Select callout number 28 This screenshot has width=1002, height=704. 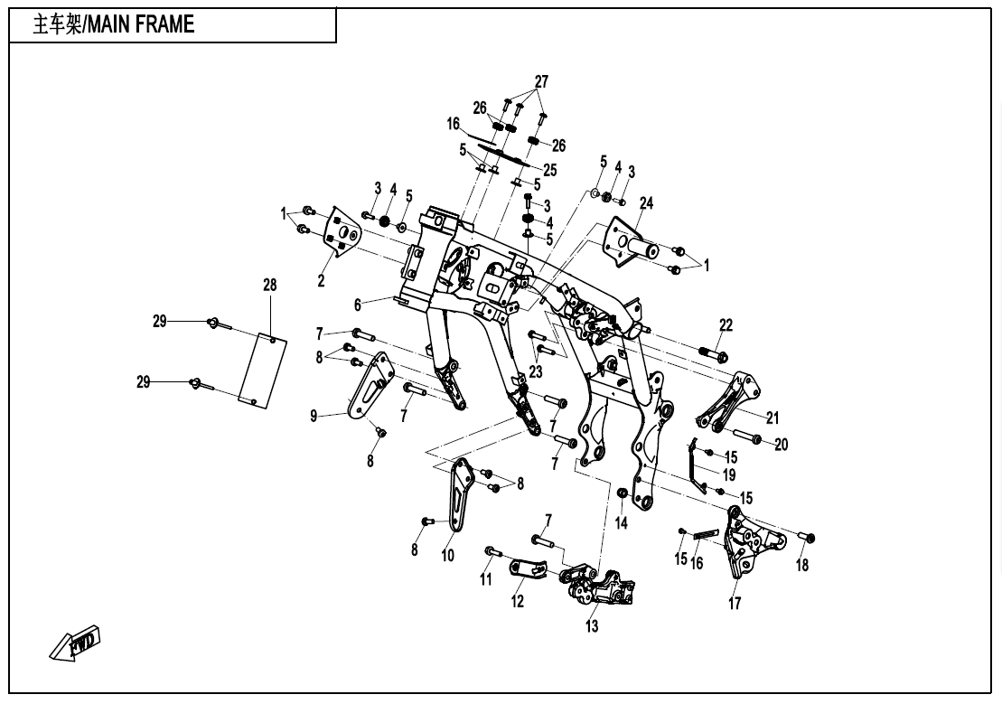point(269,285)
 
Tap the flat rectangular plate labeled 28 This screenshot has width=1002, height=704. point(263,370)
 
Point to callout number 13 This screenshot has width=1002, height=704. point(592,625)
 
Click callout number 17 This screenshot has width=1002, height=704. point(735,603)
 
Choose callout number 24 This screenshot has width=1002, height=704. point(646,203)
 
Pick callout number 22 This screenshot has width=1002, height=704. point(726,325)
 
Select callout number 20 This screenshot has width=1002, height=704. point(781,445)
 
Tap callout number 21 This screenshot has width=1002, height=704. point(772,418)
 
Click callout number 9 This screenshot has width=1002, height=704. point(314,417)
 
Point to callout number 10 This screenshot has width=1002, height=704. point(448,556)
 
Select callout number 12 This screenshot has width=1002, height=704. point(517,601)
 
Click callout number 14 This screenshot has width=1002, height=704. point(621,523)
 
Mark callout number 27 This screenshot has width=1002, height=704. point(541,81)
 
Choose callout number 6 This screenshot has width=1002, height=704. point(358,305)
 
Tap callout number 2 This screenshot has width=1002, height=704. point(321,281)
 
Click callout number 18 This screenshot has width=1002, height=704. point(801,566)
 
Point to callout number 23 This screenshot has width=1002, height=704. point(536,371)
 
